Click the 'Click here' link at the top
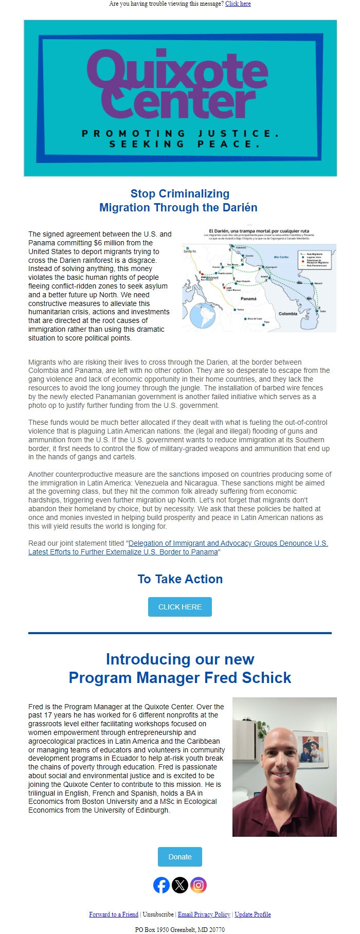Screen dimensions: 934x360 pos(238,4)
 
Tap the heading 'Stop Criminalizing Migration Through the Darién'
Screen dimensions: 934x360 pos(178,201)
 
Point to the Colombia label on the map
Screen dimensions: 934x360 pos(287,314)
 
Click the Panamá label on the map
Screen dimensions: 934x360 pos(248,299)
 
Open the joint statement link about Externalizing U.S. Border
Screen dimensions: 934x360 pos(178,547)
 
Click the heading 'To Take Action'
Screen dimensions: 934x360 pos(180,579)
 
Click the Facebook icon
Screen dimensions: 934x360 pos(161,885)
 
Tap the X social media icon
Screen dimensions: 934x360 pos(180,885)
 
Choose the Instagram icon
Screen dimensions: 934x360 pos(199,885)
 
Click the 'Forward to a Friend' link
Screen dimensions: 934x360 pos(114,914)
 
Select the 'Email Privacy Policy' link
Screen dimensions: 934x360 pos(204,914)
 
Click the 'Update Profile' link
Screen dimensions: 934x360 pos(253,914)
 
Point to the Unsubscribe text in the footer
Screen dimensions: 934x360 pos(158,914)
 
